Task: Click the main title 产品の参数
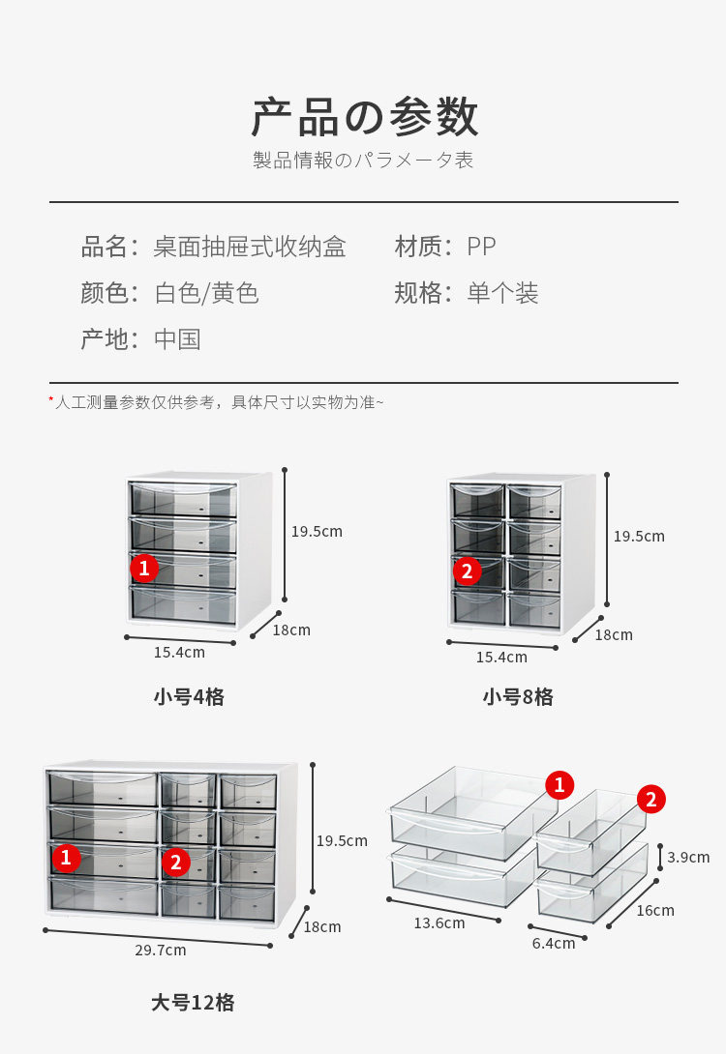click(364, 118)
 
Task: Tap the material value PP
click(481, 247)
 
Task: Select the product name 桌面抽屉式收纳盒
click(249, 247)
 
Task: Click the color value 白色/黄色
click(206, 293)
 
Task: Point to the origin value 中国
click(177, 339)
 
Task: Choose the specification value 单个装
click(502, 293)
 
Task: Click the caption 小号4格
click(189, 696)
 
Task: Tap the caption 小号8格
click(518, 696)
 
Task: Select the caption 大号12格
click(193, 1002)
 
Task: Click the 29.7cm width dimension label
click(161, 950)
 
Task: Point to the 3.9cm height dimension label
click(688, 857)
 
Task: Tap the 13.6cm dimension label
click(439, 922)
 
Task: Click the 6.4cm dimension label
click(554, 943)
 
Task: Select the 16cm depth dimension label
click(655, 910)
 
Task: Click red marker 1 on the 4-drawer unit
click(144, 568)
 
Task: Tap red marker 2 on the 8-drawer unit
click(467, 571)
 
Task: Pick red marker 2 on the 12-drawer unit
click(175, 863)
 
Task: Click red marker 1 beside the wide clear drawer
click(559, 784)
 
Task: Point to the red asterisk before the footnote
click(51, 399)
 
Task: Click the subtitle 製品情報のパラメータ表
click(364, 161)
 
